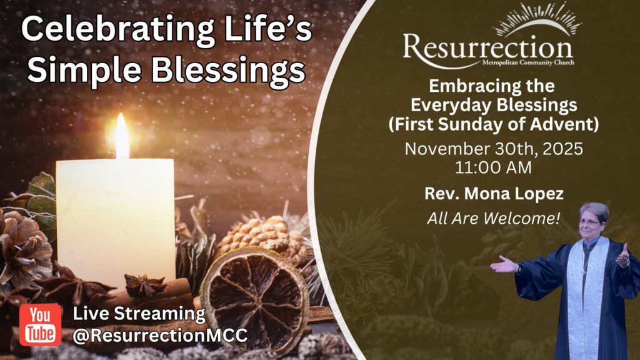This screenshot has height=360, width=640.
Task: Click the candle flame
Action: point(122,136)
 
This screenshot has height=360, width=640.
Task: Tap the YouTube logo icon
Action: point(41,324)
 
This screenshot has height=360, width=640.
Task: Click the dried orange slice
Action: point(254,299)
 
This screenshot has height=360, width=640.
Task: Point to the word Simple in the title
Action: point(84,69)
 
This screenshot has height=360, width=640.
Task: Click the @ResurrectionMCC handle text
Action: point(160,336)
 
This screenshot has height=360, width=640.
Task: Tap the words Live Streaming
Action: point(139,314)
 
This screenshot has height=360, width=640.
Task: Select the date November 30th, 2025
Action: point(494,149)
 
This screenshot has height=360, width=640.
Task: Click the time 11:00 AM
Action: point(494,167)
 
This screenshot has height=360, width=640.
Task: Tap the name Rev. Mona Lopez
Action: point(494,194)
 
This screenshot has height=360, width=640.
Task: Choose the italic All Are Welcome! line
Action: point(494,218)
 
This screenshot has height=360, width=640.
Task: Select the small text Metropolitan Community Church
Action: point(528,62)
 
